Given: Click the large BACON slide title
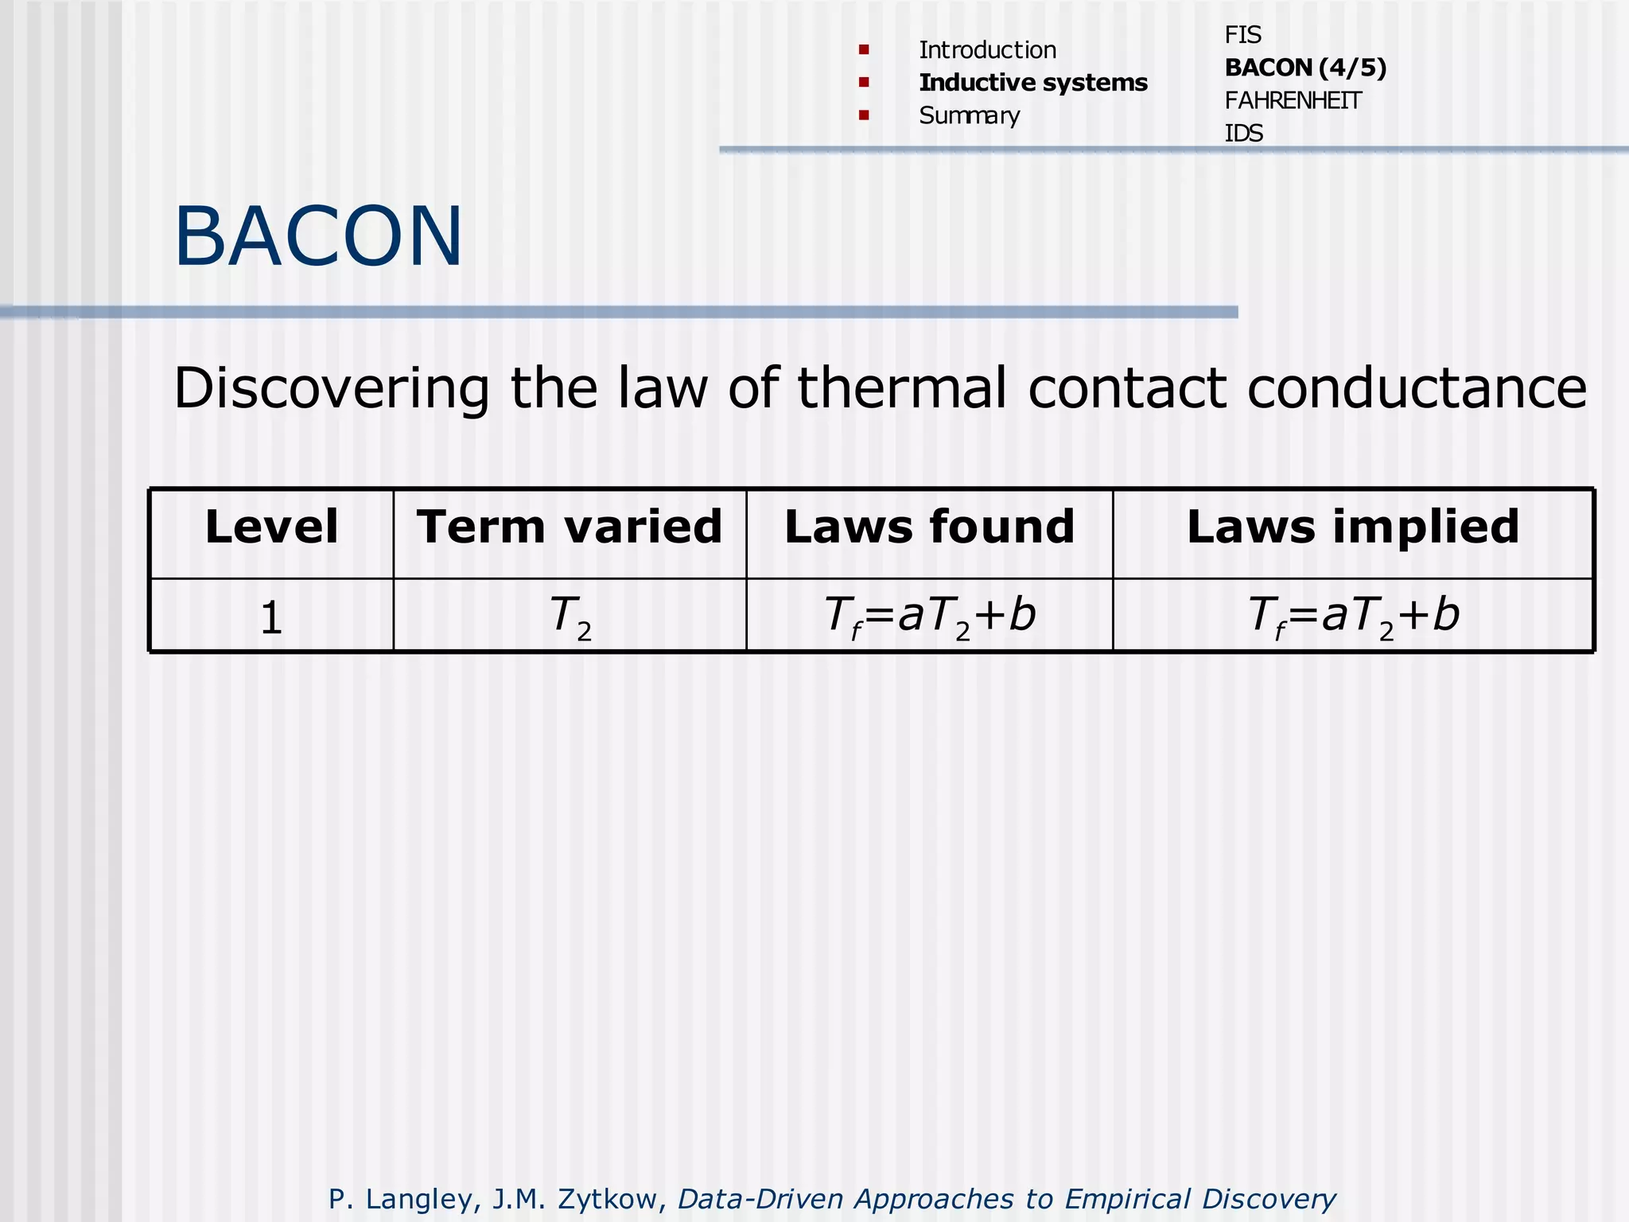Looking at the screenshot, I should click(x=318, y=236).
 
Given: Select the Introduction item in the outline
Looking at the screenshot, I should click(x=987, y=50).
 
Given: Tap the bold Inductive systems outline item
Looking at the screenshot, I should click(x=1032, y=83).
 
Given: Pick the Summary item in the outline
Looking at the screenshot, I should click(x=969, y=116).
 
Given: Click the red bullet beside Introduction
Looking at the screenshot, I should click(x=864, y=50).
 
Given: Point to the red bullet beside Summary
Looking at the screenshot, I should click(x=864, y=115).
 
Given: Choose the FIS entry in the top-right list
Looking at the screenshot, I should click(x=1242, y=35).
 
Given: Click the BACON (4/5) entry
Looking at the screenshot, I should click(x=1304, y=68).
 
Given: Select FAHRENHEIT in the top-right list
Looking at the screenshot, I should click(x=1293, y=101).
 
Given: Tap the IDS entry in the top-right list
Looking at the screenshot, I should click(x=1243, y=133).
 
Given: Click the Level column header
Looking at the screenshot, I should click(x=271, y=527).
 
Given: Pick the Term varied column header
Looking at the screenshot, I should click(x=570, y=527).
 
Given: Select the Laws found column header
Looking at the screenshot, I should click(x=929, y=527).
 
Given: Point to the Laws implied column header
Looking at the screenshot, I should click(x=1352, y=527).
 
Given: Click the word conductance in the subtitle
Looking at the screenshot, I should click(x=1417, y=388).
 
